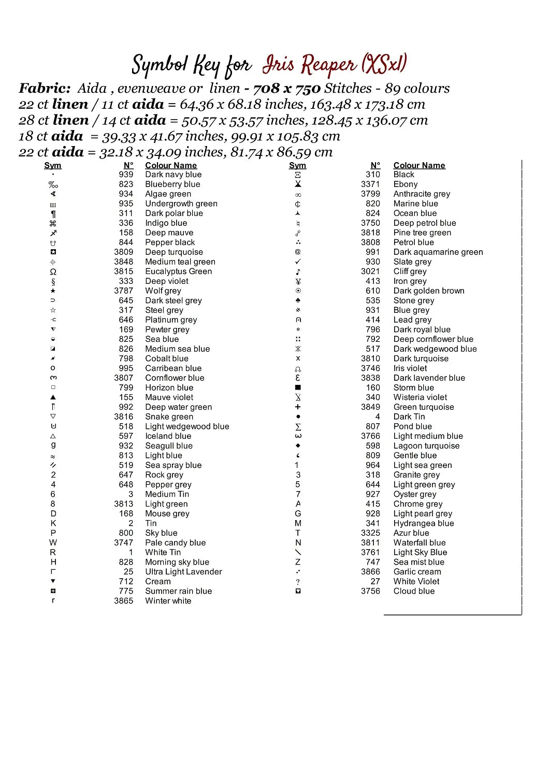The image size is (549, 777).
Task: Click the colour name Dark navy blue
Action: point(173,175)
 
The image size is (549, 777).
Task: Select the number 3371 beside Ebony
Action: point(370,184)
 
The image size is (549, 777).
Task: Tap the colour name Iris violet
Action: point(410,368)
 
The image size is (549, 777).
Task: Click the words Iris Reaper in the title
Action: point(309,65)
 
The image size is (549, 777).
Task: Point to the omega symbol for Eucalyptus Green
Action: point(53,271)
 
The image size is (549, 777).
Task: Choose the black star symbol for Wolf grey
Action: point(53,291)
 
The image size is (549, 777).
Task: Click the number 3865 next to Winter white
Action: point(123,601)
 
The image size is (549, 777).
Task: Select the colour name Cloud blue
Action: point(414,591)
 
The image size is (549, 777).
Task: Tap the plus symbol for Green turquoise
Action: point(298,407)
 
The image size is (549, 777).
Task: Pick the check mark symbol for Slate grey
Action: point(298,262)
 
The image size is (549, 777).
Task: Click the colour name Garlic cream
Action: point(417,572)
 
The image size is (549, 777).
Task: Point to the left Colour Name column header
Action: point(171,166)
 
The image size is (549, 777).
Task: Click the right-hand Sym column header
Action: point(297,166)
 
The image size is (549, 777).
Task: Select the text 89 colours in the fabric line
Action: point(417,89)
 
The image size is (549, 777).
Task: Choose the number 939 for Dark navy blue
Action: point(126,175)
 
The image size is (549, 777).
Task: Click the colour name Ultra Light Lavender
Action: point(183,572)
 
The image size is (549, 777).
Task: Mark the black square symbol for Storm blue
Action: point(298,387)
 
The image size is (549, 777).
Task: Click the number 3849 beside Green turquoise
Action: point(370,407)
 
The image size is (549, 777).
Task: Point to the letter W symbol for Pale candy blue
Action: point(53,543)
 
